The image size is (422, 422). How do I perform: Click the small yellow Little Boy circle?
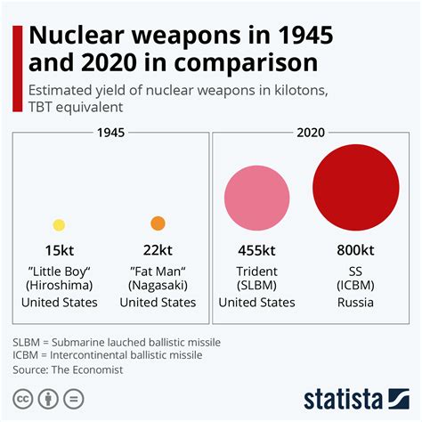tap(59, 225)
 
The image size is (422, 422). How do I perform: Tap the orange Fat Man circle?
tap(158, 223)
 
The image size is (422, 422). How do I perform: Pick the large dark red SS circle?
tap(354, 188)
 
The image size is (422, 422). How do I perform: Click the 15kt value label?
tap(59, 251)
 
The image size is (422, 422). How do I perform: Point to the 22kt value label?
tap(158, 251)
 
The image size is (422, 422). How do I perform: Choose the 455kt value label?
tap(256, 251)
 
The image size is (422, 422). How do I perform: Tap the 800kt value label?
tap(355, 251)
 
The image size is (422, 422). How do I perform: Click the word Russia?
tap(355, 303)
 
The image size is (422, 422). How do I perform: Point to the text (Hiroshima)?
tap(59, 286)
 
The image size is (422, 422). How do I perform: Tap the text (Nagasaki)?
tap(158, 286)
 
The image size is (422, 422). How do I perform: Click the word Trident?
tap(256, 270)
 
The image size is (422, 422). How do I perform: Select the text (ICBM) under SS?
tap(355, 286)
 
